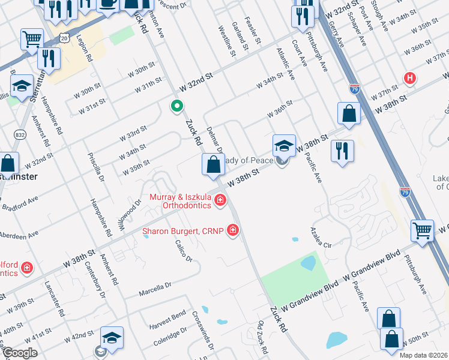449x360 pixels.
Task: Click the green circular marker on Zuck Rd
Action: [176, 107]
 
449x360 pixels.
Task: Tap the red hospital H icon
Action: [410, 78]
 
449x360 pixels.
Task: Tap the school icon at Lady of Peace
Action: [284, 146]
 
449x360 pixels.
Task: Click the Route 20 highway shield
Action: [64, 38]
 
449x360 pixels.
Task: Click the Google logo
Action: [20, 353]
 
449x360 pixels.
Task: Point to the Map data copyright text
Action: [423, 355]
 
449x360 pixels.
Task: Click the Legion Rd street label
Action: [84, 49]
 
